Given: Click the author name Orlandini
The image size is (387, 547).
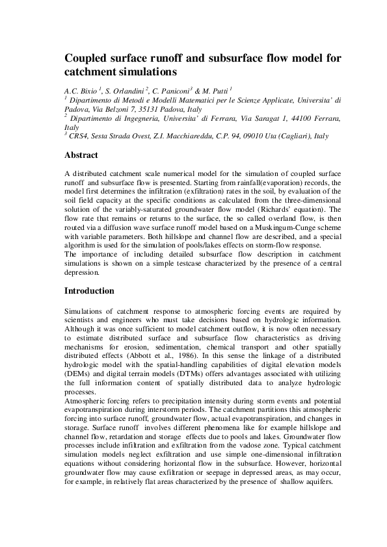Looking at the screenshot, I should [x=125, y=91].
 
